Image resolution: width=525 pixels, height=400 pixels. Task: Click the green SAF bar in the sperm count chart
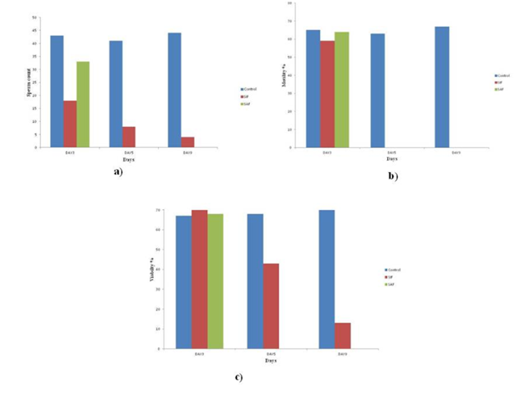coord(83,104)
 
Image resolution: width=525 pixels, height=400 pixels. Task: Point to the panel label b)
coord(392,177)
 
